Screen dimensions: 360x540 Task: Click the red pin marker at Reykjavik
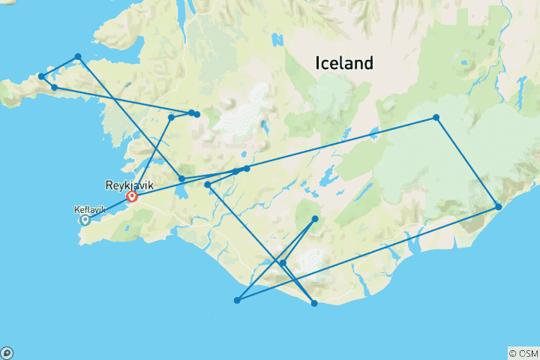(132, 197)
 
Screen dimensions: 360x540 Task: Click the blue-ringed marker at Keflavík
(85, 220)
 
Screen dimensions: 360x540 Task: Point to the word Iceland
(344, 63)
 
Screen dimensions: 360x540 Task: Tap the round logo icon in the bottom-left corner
(7, 352)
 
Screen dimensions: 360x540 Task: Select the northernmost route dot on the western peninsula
(77, 56)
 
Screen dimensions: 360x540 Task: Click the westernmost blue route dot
(41, 76)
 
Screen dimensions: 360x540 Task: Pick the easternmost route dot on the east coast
(499, 207)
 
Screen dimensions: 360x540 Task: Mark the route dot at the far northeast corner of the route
(436, 118)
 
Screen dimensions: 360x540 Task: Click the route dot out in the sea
(237, 300)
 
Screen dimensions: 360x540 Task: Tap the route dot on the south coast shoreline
(314, 303)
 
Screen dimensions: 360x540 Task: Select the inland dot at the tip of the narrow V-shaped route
(315, 219)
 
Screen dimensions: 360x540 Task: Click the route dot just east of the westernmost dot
(54, 88)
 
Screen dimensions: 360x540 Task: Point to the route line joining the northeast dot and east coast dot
(467, 162)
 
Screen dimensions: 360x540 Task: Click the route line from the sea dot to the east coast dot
(367, 253)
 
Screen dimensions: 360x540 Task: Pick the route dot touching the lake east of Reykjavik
(181, 178)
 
